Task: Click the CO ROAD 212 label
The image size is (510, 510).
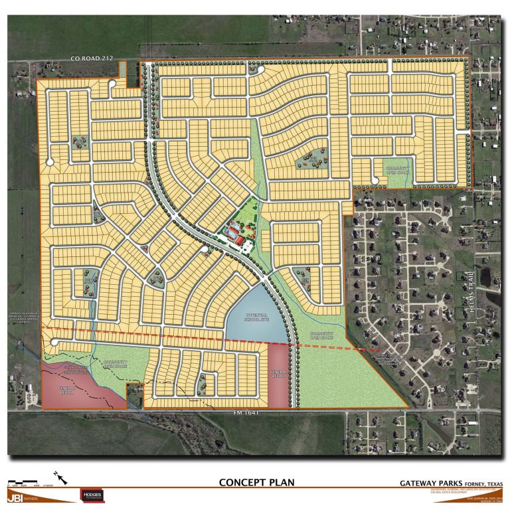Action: (x=92, y=59)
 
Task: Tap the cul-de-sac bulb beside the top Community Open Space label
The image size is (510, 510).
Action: (x=375, y=179)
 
